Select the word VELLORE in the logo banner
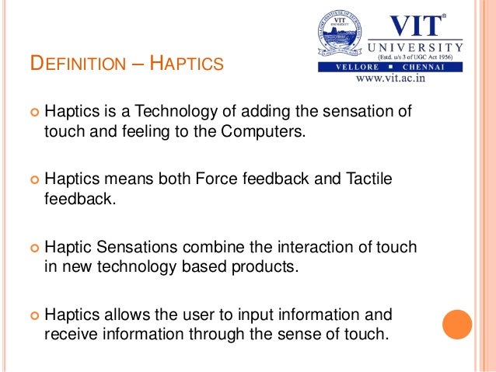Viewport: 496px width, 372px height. [x=350, y=68]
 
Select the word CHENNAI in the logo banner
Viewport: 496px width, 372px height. [x=435, y=68]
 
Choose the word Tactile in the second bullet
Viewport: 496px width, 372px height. [x=370, y=179]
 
